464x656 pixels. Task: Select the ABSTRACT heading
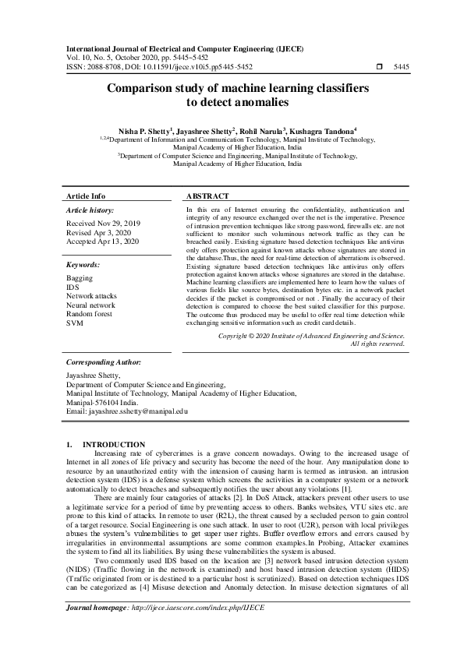click(207, 196)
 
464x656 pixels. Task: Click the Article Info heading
click(86, 196)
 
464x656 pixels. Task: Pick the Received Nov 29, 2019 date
click(103, 223)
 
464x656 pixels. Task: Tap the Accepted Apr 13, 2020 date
click(102, 242)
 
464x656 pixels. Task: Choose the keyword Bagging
click(80, 277)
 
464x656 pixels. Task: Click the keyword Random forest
click(89, 313)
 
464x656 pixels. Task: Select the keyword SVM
click(74, 322)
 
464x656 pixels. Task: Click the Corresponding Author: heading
click(104, 362)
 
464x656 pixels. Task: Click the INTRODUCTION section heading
click(119, 444)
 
